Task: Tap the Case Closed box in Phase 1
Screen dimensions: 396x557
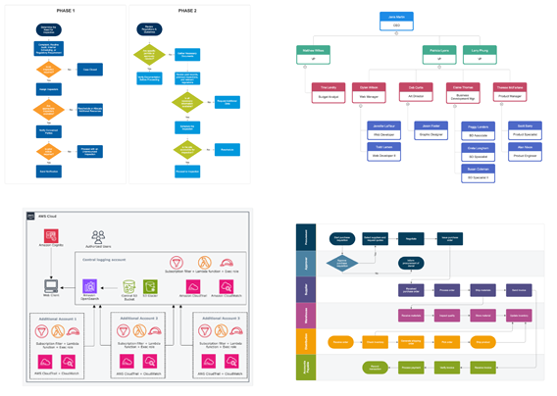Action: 90,70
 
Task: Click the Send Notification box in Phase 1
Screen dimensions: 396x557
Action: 48,171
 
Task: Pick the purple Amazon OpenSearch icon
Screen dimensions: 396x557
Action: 90,288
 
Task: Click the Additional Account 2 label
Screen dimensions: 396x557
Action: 133,319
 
